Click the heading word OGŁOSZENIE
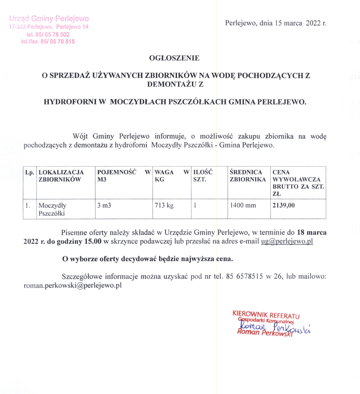click(174, 58)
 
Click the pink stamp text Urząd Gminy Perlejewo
click(49, 19)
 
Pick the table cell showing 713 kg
click(164, 205)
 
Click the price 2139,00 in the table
click(284, 205)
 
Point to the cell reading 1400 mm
click(243, 205)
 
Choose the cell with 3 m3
click(104, 205)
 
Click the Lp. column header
click(30, 172)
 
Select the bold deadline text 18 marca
click(311, 232)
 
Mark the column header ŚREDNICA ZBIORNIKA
click(248, 176)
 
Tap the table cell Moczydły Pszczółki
click(52, 209)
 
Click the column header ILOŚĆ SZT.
click(203, 176)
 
